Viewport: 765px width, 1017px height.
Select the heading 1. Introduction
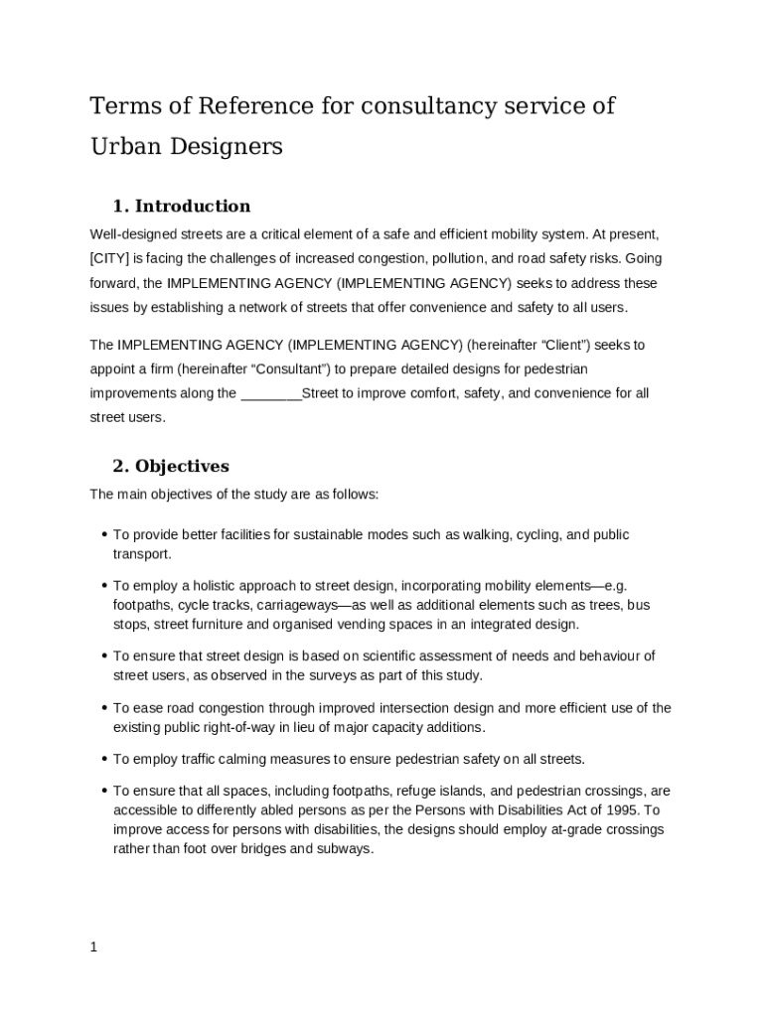[181, 206]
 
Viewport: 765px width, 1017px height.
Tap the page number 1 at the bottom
[93, 946]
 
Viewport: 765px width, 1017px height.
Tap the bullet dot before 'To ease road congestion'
[103, 708]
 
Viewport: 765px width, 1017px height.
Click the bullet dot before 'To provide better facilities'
[103, 534]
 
